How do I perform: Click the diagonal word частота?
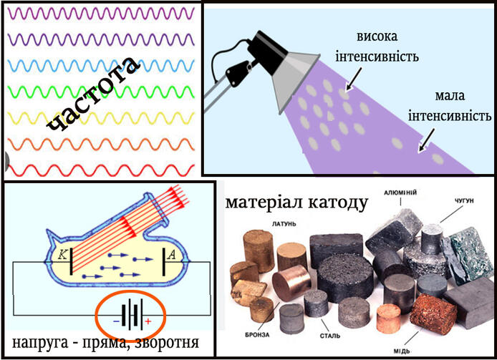click(x=94, y=94)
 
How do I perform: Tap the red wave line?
click(x=101, y=170)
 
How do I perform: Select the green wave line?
click(x=101, y=92)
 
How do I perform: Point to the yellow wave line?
click(x=101, y=118)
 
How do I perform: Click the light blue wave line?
click(x=101, y=66)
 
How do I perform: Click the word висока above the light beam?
click(x=377, y=36)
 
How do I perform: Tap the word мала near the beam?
click(x=450, y=95)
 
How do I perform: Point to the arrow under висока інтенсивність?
click(x=354, y=79)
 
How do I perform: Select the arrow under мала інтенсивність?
click(x=427, y=140)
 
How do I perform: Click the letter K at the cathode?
click(x=63, y=255)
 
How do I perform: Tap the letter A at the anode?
click(x=171, y=255)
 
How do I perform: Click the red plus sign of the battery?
click(x=148, y=321)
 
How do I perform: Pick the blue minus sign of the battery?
click(x=117, y=321)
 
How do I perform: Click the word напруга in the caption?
click(x=40, y=344)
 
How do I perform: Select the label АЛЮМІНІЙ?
click(x=400, y=193)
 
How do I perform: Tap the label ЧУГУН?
click(x=464, y=201)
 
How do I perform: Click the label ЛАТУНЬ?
click(x=284, y=224)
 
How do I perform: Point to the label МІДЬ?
click(x=402, y=351)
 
